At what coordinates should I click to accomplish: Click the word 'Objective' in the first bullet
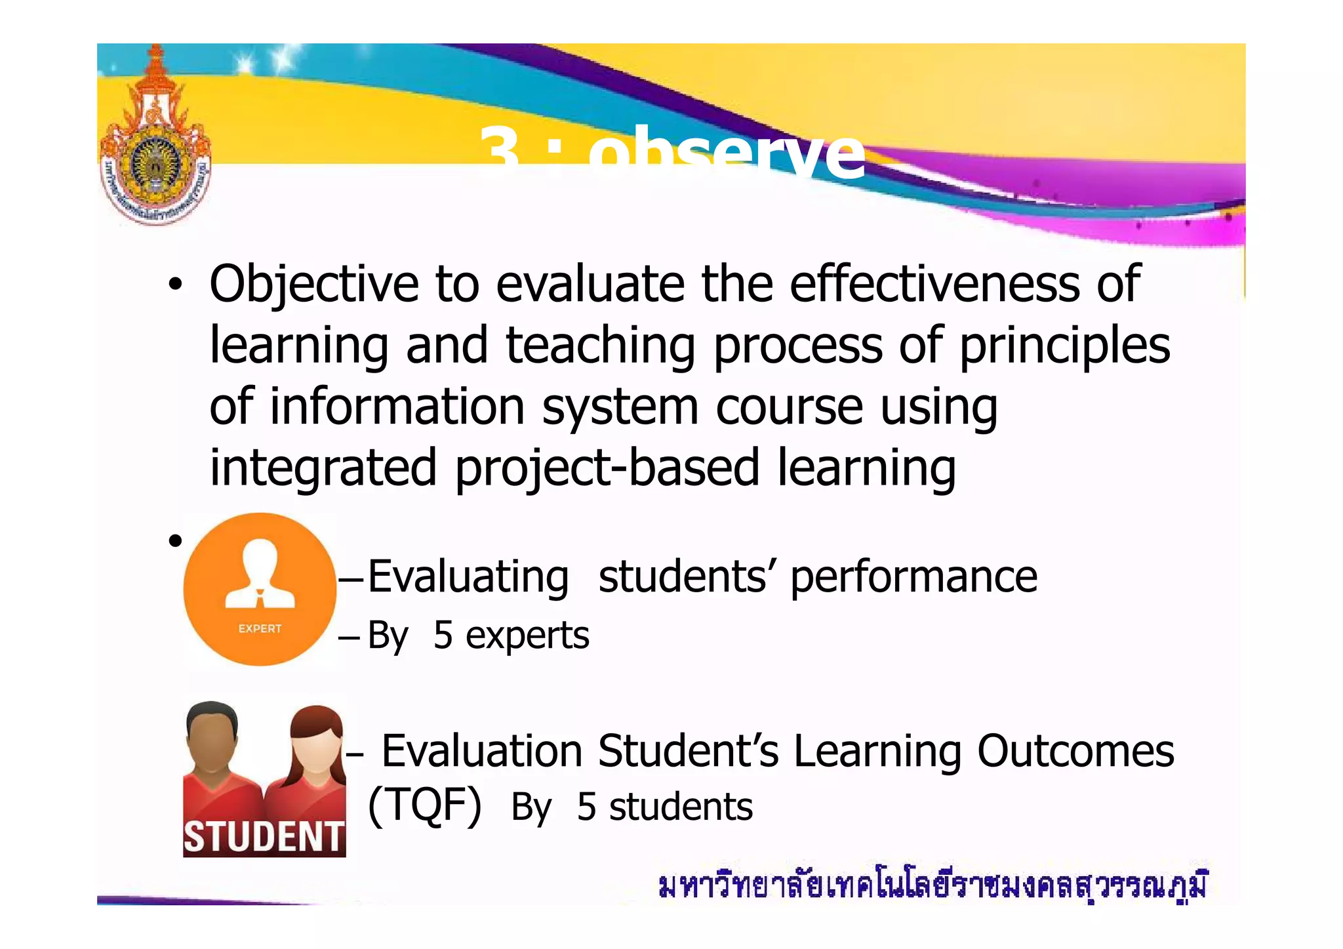point(313,285)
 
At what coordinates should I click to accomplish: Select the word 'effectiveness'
point(934,285)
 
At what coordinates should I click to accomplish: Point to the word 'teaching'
point(600,346)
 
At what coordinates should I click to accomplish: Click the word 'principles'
point(1064,347)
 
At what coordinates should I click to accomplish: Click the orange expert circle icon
point(260,588)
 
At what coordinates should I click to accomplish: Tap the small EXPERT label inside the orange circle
point(260,628)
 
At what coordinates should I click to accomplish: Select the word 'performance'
point(913,578)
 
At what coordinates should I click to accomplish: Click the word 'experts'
point(527,636)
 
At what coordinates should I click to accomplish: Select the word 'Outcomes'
point(1075,751)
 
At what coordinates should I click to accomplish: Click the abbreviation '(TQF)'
point(424,805)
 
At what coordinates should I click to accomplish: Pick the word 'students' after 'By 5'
point(681,807)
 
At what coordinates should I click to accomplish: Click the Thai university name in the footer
point(932,885)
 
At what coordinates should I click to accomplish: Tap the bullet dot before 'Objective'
point(174,285)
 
